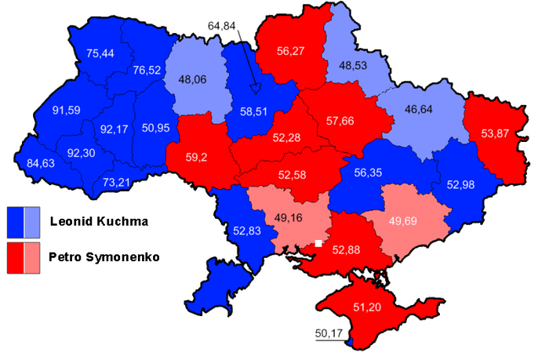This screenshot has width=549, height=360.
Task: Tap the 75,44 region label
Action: coord(100,54)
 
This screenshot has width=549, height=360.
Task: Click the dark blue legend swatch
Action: coord(16,222)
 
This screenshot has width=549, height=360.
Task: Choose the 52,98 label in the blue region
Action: coord(463,184)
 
